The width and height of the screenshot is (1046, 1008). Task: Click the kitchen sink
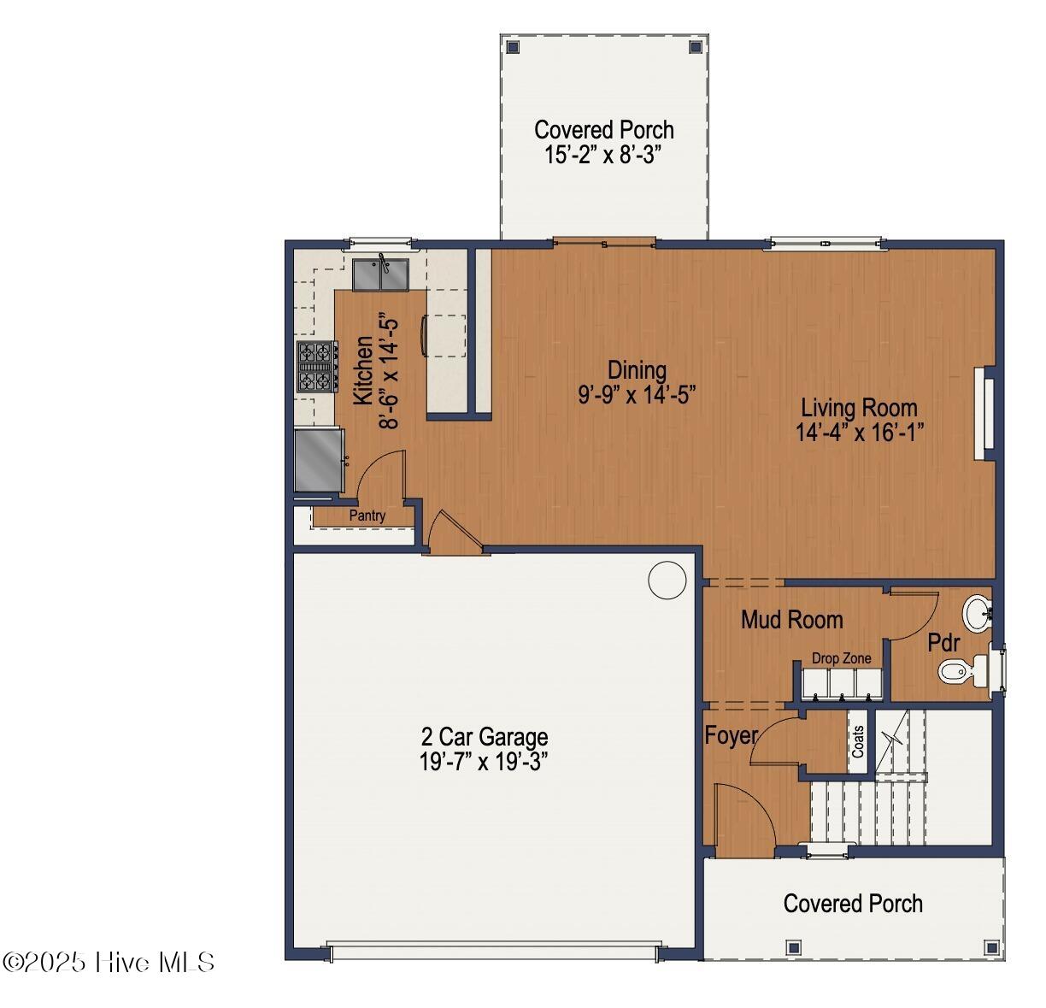381,274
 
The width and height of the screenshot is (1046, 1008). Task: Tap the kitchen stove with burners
314,366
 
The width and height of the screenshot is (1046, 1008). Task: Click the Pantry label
367,516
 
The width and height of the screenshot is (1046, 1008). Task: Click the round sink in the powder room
977,612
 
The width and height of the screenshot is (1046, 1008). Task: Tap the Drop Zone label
841,658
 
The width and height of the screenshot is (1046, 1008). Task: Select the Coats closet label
857,742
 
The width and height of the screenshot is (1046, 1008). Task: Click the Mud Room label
791,620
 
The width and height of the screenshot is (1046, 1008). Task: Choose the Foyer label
731,735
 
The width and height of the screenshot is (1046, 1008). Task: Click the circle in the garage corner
667,581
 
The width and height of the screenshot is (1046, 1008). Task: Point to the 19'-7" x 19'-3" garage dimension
484,762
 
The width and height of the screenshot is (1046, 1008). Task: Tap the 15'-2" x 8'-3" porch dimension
603,155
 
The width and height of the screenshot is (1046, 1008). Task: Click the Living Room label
859,407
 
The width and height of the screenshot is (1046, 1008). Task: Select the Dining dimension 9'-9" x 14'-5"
637,394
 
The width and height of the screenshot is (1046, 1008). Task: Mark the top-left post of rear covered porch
513,46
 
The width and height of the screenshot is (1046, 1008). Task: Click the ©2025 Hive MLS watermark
109,962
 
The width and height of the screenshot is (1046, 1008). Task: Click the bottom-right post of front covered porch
991,947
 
